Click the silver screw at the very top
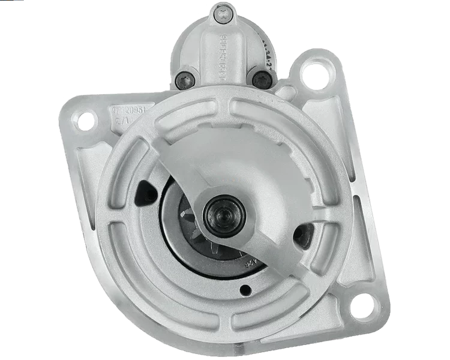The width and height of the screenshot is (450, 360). [223, 10]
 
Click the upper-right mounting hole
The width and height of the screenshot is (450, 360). [313, 74]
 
